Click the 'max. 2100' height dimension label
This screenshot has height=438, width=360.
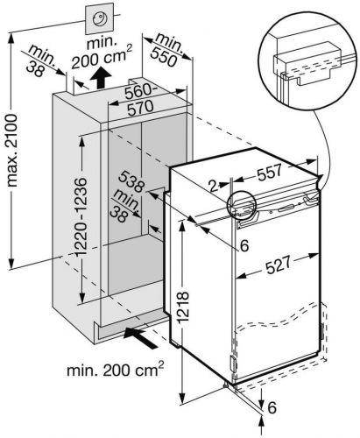pyautogui.click(x=13, y=151)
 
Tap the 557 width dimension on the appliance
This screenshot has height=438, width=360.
pyautogui.click(x=269, y=173)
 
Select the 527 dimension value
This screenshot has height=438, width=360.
pyautogui.click(x=278, y=265)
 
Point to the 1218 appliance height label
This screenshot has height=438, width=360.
pyautogui.click(x=183, y=307)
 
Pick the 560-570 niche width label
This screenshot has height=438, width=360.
pyautogui.click(x=139, y=99)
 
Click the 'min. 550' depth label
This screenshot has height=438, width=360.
pyautogui.click(x=166, y=50)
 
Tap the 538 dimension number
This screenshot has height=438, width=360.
pyautogui.click(x=132, y=182)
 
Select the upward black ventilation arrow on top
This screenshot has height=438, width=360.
pyautogui.click(x=101, y=77)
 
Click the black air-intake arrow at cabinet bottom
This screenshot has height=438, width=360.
pyautogui.click(x=141, y=337)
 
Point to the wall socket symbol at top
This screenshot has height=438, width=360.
pyautogui.click(x=99, y=19)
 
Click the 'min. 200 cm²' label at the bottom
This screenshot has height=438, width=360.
pyautogui.click(x=116, y=370)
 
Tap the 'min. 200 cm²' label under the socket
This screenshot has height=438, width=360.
pyautogui.click(x=102, y=53)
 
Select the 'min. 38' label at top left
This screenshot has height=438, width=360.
pyautogui.click(x=40, y=61)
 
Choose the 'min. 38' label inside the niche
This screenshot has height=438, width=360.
pyautogui.click(x=124, y=206)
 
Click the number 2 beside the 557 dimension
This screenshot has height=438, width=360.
pyautogui.click(x=214, y=186)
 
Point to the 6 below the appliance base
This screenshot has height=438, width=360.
pyautogui.click(x=272, y=407)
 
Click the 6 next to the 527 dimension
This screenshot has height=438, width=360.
pyautogui.click(x=244, y=245)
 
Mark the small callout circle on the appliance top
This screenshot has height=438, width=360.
pyautogui.click(x=241, y=205)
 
